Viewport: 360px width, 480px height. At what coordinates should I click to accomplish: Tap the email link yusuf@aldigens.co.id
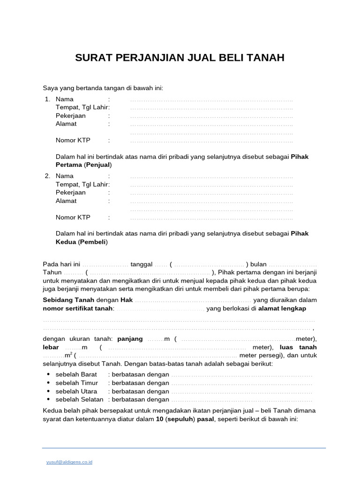[69, 462]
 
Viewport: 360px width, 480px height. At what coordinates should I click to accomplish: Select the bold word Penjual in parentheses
[98, 165]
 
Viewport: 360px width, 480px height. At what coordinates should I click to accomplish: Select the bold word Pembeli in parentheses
[93, 242]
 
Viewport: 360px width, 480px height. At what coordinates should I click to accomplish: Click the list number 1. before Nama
[47, 99]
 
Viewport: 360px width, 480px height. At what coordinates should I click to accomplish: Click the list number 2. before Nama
[47, 176]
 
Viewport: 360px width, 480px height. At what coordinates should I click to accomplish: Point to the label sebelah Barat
[76, 375]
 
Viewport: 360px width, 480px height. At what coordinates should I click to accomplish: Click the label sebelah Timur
[77, 383]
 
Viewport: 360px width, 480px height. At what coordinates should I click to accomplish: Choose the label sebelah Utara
[76, 391]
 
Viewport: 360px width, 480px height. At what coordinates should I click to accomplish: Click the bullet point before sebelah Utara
[49, 391]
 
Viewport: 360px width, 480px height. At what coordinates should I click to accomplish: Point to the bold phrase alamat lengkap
[282, 308]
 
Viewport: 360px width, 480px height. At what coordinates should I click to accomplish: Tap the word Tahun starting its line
[52, 272]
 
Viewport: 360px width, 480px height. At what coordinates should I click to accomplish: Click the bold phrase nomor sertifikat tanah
[78, 308]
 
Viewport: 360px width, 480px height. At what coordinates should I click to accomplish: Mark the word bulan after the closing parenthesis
[258, 264]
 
